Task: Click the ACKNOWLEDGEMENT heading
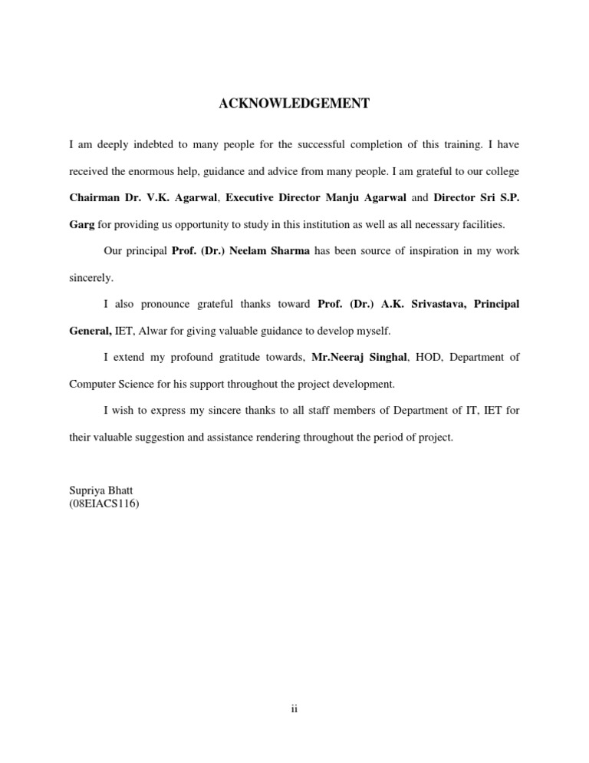294,104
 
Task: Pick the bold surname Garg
82,224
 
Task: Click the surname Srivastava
430,305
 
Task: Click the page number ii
294,710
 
